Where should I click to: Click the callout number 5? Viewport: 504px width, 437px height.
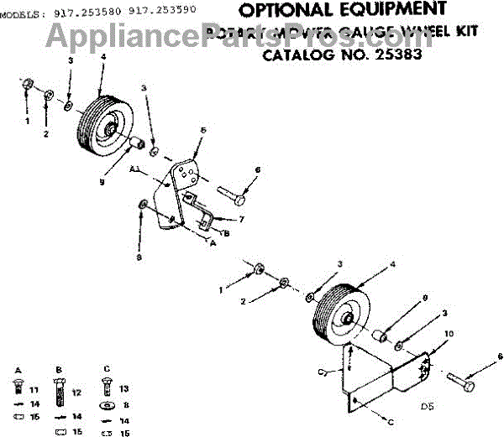203,131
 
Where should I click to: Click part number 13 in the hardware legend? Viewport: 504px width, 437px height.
123,389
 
